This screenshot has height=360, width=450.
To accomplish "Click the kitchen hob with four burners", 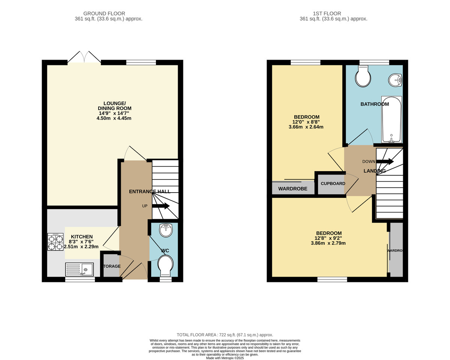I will coord(55,242).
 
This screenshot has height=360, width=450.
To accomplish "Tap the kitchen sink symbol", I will coord(79,270).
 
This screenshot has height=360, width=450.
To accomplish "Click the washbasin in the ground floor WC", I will coord(166,230).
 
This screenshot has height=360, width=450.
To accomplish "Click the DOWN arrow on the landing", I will coord(385,161).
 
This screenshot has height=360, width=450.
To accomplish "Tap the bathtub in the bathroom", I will coord(391,119).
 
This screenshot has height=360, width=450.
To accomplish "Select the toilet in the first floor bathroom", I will coord(363,77).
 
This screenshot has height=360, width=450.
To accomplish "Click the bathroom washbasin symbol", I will coord(395,80).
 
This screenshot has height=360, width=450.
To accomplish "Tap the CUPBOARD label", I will coord(333,184).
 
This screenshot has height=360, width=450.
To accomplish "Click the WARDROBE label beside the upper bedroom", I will coord(293,189).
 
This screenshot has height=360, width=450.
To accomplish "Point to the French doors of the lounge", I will coord(84,57).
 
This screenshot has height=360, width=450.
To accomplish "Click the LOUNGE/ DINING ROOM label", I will coord(114,106).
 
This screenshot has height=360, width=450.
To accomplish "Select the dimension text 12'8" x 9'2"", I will coord(328,238).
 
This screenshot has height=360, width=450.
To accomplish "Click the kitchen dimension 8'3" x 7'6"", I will coord(81,242).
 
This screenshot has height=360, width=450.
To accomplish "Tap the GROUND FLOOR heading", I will coord(104,14).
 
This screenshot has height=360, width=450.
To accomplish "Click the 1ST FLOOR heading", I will coord(333,14).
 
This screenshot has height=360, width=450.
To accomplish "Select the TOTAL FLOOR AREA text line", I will coord(225,335).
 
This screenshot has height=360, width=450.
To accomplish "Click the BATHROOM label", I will coord(375,104).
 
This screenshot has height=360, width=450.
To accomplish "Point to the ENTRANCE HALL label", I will coord(147,191).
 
